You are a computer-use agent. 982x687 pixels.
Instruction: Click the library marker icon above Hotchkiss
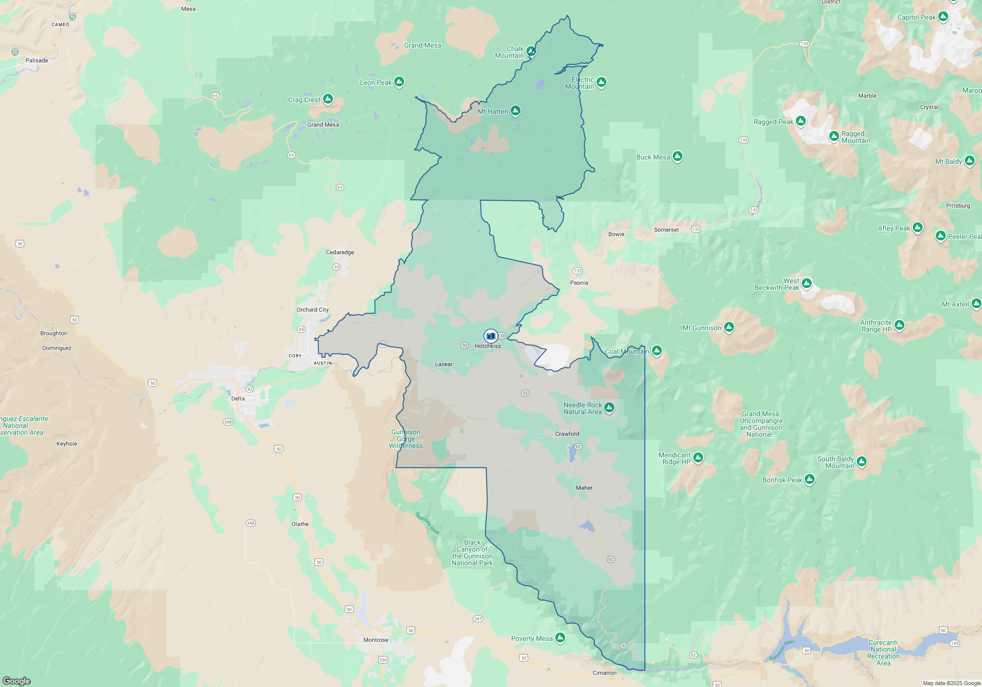pyautogui.click(x=491, y=336)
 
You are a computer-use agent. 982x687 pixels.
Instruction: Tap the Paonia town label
pyautogui.click(x=579, y=283)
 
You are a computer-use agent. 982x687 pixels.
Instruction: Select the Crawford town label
pyautogui.click(x=567, y=434)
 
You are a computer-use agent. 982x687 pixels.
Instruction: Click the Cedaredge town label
pyautogui.click(x=340, y=252)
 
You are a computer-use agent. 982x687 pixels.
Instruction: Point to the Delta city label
pyautogui.click(x=238, y=398)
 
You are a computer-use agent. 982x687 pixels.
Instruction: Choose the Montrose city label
pyautogui.click(x=376, y=640)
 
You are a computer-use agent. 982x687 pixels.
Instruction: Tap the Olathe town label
pyautogui.click(x=300, y=524)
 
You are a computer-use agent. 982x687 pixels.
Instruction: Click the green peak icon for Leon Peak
pyautogui.click(x=399, y=82)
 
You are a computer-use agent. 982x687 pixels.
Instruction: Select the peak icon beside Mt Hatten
pyautogui.click(x=516, y=111)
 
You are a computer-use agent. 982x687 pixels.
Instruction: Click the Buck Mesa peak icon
pyautogui.click(x=678, y=157)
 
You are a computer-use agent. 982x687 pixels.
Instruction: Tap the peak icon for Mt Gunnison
pyautogui.click(x=729, y=327)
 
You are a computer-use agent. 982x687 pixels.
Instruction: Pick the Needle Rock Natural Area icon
pyautogui.click(x=609, y=407)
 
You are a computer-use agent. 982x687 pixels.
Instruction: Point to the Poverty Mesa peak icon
pyautogui.click(x=560, y=638)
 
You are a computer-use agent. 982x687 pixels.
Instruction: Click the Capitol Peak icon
pyautogui.click(x=943, y=17)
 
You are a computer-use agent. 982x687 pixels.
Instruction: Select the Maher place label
pyautogui.click(x=584, y=488)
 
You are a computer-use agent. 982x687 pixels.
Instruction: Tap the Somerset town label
pyautogui.click(x=666, y=230)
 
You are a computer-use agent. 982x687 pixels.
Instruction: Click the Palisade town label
pyautogui.click(x=37, y=60)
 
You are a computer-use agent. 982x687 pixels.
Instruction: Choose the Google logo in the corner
pyautogui.click(x=17, y=681)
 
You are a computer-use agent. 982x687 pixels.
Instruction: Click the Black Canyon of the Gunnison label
pyautogui.click(x=472, y=553)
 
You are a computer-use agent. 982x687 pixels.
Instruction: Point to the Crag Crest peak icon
pyautogui.click(x=328, y=99)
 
